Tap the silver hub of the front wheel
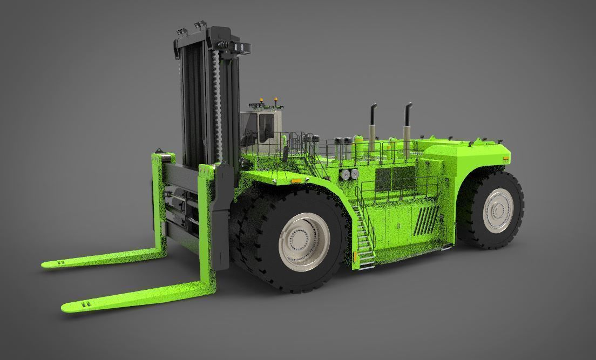click(x=302, y=242)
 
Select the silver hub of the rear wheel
click(x=498, y=210)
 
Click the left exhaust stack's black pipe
click(x=372, y=114)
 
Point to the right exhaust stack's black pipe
click(x=407, y=113)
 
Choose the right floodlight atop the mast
click(x=201, y=24)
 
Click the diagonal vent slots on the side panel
click(x=428, y=219)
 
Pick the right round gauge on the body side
click(x=355, y=173)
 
